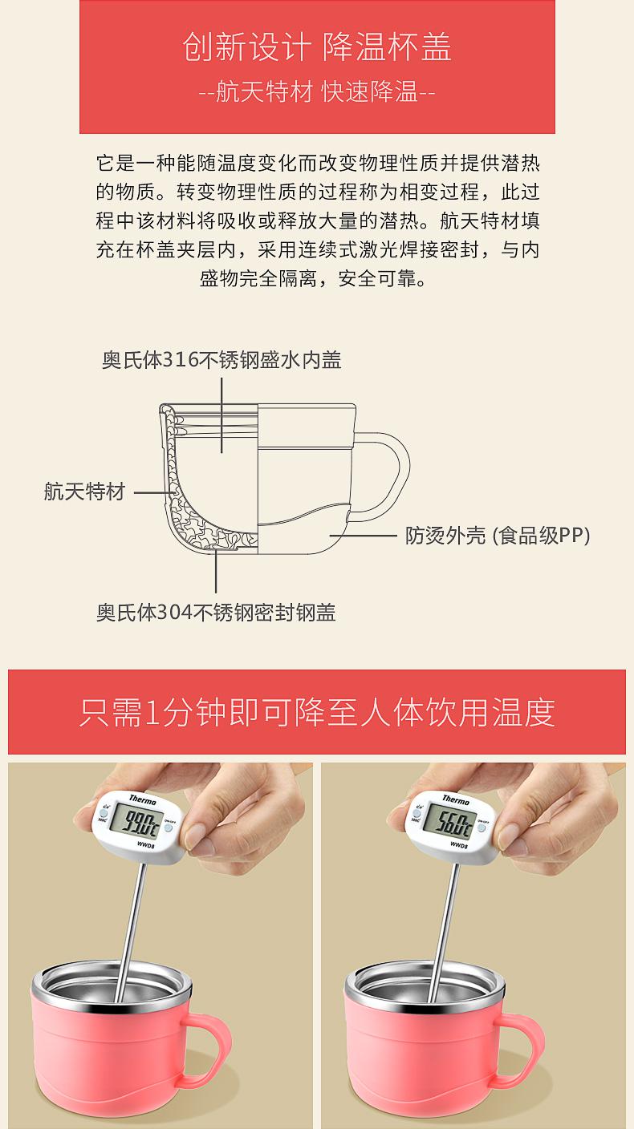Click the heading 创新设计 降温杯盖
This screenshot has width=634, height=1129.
317,47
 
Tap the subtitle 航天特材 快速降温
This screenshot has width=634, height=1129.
317,91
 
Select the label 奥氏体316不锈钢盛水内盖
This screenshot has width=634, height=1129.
221,360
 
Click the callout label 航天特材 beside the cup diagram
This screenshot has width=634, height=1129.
84,492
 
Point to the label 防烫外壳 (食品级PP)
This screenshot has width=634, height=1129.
498,536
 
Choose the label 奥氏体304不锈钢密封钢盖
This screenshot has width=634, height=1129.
216,613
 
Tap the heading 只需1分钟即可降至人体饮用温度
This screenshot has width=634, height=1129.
317,712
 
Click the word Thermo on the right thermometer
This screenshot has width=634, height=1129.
456,799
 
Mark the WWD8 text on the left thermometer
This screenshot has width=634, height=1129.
145,844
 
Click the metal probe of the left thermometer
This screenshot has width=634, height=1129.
129,933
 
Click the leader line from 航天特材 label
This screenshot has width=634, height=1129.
153,492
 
